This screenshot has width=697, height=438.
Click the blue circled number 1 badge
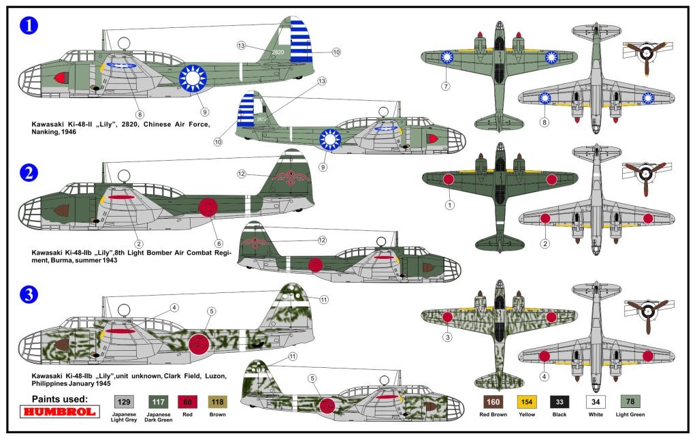click(x=29, y=25)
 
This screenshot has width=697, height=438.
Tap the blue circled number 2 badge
click(x=29, y=172)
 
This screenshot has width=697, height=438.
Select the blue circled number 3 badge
click(x=29, y=294)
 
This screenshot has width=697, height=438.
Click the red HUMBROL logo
click(x=60, y=411)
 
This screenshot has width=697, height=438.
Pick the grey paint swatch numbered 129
click(x=124, y=402)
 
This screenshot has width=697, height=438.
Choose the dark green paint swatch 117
click(x=158, y=402)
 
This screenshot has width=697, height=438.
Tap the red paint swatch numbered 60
click(x=187, y=402)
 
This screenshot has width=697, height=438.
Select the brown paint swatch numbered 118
click(x=217, y=402)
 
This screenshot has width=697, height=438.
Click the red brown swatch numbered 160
click(x=493, y=402)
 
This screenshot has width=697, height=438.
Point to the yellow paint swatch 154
click(x=527, y=402)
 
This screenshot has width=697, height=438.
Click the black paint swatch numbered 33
click(x=560, y=402)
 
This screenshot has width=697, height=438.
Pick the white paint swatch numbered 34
click(x=596, y=402)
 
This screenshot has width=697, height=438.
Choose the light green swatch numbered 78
click(x=630, y=402)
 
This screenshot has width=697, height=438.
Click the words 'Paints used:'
click(x=60, y=399)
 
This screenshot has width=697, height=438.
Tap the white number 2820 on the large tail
click(x=278, y=52)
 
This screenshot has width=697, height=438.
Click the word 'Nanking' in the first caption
click(x=44, y=132)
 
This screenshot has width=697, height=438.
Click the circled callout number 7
click(x=446, y=87)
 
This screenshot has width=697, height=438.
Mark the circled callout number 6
click(x=218, y=243)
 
